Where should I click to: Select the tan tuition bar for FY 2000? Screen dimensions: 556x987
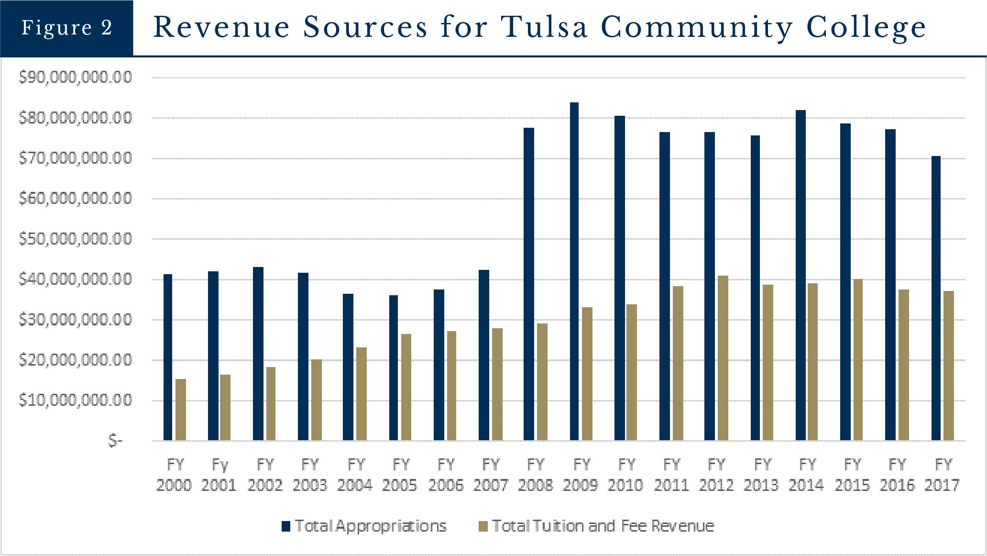point(181,410)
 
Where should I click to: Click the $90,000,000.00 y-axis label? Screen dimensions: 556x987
point(75,78)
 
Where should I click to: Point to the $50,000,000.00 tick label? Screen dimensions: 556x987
point(75,239)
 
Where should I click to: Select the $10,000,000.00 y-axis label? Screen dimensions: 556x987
point(75,400)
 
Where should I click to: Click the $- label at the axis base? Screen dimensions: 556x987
point(115,441)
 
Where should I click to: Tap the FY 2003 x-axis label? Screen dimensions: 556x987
point(310,475)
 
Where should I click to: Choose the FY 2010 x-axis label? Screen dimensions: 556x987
point(626,475)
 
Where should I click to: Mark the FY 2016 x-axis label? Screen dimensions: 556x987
point(897,475)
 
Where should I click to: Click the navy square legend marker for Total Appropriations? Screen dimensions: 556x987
point(286,526)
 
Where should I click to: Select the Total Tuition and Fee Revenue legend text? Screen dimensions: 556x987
point(603,526)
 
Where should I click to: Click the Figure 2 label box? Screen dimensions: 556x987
point(66,28)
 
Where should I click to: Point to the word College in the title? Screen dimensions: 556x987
point(866,27)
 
